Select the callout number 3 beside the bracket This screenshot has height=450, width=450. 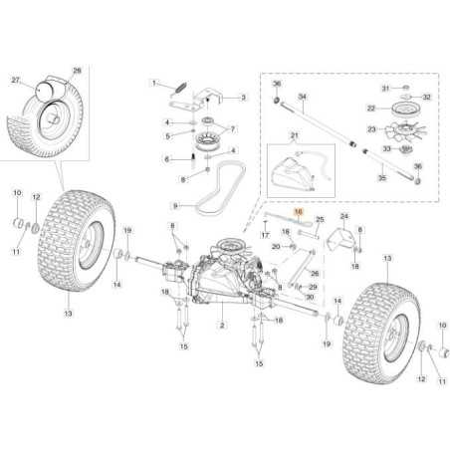243,98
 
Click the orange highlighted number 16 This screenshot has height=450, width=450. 298,213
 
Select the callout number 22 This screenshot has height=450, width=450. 370,108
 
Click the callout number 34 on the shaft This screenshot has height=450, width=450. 303,98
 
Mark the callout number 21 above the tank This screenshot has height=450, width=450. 294,134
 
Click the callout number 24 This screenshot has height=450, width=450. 343,216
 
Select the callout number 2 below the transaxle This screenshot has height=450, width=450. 221,326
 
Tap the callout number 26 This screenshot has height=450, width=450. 314,272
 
